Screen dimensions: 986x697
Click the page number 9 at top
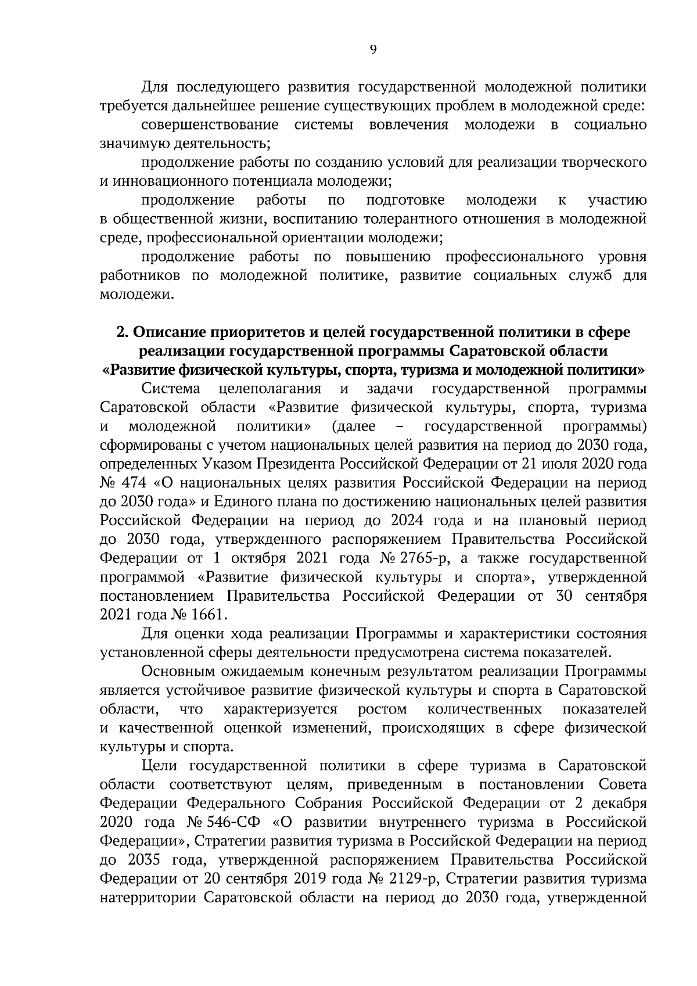[373, 51]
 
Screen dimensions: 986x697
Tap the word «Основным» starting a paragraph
[178, 672]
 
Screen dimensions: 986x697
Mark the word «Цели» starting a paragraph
[159, 766]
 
